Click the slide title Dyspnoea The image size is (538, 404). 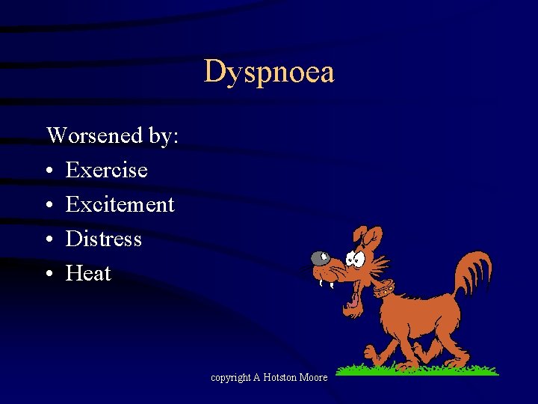pyautogui.click(x=269, y=73)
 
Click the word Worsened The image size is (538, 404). pyautogui.click(x=94, y=135)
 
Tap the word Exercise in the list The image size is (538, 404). pyautogui.click(x=107, y=171)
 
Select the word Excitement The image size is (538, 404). pyautogui.click(x=120, y=204)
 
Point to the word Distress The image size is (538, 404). pyautogui.click(x=104, y=239)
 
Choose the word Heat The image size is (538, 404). pyautogui.click(x=88, y=273)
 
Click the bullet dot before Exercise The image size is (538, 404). pyautogui.click(x=49, y=171)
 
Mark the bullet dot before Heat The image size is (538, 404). pyautogui.click(x=49, y=275)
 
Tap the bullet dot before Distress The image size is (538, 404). pyautogui.click(x=49, y=240)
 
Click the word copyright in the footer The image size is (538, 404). pyautogui.click(x=230, y=378)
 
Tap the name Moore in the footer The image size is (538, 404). pyautogui.click(x=314, y=378)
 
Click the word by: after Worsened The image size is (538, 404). pyautogui.click(x=165, y=135)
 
